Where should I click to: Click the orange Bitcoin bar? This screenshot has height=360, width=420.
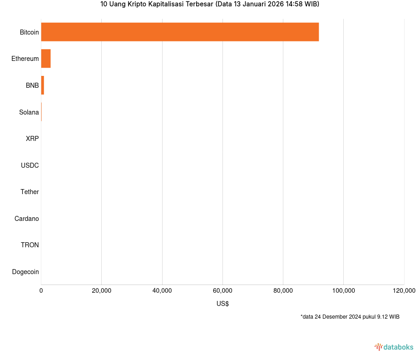(x=180, y=32)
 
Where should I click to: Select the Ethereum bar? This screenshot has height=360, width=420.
(x=46, y=59)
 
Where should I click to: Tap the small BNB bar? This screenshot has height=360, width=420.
(x=43, y=85)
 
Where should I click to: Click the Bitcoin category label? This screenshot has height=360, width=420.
(x=29, y=32)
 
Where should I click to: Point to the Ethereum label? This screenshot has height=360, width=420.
(x=25, y=59)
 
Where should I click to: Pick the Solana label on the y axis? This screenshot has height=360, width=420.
(x=29, y=112)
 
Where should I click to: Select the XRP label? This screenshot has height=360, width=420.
(x=32, y=139)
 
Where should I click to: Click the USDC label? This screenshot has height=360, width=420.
(x=30, y=165)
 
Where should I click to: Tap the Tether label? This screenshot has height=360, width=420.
(x=30, y=192)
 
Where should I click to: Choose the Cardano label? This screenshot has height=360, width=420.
(x=26, y=219)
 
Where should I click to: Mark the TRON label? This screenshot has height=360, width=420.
(x=30, y=245)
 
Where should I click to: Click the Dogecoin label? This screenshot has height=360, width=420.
(x=25, y=272)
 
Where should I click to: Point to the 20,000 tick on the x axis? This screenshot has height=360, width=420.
(x=101, y=291)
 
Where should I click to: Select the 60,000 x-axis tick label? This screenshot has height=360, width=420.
(x=222, y=291)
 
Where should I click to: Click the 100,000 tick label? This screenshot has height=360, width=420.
(x=343, y=291)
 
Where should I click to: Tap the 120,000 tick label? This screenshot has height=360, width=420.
(x=404, y=291)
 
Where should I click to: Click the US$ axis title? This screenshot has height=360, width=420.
(x=222, y=304)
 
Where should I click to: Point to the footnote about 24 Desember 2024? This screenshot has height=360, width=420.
(x=350, y=317)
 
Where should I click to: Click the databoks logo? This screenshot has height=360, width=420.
(x=394, y=347)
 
